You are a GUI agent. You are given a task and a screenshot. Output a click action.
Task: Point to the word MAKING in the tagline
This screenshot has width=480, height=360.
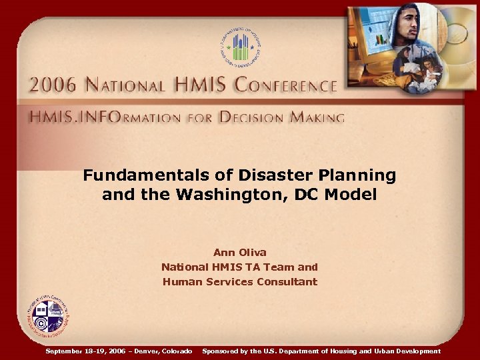pyautogui.click(x=315, y=118)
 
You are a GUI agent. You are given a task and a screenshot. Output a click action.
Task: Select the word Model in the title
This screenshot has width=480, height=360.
pyautogui.click(x=355, y=195)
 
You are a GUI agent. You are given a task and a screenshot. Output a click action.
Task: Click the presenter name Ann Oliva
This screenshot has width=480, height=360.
pyautogui.click(x=239, y=252)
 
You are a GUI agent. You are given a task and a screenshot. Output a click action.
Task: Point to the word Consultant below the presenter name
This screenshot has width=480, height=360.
pyautogui.click(x=287, y=281)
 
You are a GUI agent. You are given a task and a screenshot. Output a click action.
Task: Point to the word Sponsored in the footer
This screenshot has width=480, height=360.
pyautogui.click(x=223, y=351)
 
